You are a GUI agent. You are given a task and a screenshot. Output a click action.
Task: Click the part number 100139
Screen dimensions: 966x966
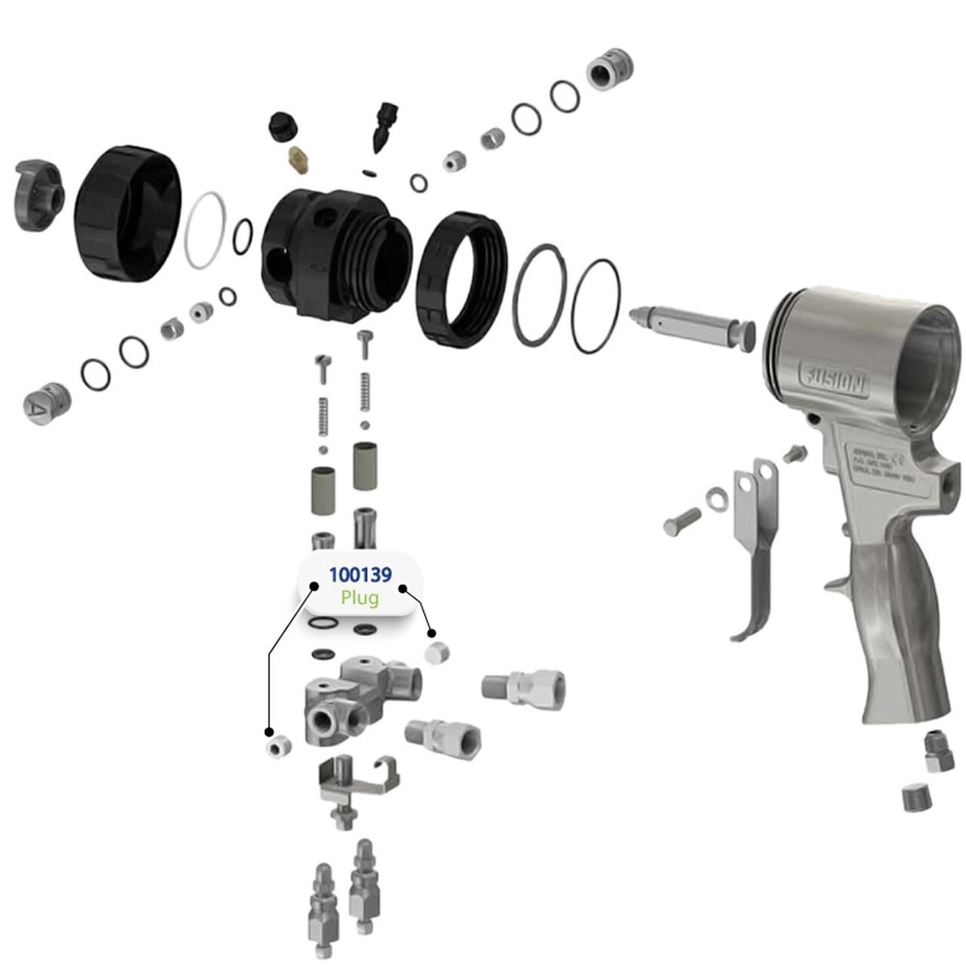(360, 576)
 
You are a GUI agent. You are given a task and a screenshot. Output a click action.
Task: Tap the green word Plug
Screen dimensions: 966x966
(360, 598)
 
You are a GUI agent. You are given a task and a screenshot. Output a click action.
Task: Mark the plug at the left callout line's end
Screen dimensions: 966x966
(278, 746)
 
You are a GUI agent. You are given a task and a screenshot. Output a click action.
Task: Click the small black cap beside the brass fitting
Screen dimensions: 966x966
(281, 125)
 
